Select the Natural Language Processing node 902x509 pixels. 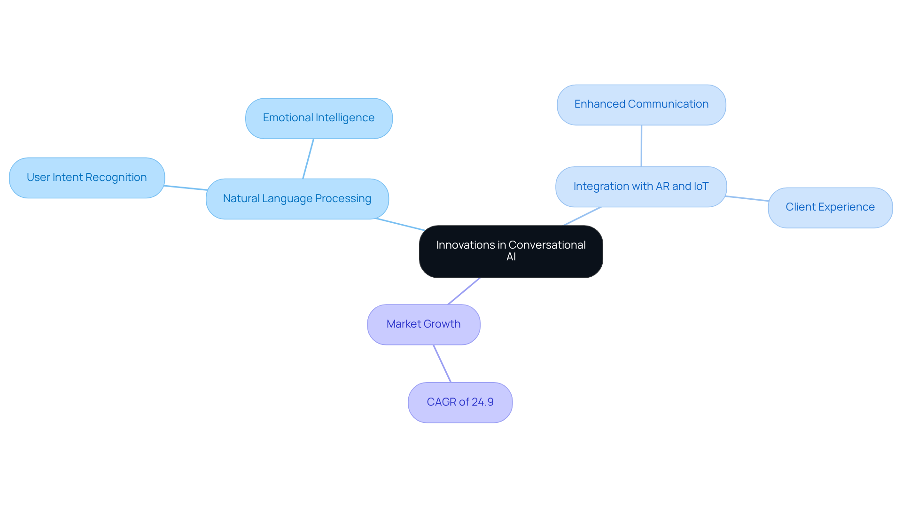click(x=297, y=199)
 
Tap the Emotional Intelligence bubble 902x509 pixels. click(x=319, y=118)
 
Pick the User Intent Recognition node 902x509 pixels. click(x=87, y=178)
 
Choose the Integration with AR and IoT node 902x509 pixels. click(x=641, y=187)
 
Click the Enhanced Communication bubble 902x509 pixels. click(x=641, y=104)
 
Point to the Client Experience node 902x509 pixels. click(x=830, y=207)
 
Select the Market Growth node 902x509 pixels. click(x=423, y=324)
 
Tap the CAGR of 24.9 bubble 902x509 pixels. click(x=460, y=402)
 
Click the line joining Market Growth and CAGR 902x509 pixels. click(x=442, y=363)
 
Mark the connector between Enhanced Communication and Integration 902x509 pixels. click(x=641, y=146)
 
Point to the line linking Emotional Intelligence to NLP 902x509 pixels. click(x=308, y=159)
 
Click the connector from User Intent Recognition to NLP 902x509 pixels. click(x=186, y=188)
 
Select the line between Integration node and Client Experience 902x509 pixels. click(x=747, y=199)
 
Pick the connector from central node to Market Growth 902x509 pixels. click(x=464, y=291)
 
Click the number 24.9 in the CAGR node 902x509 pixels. click(x=482, y=402)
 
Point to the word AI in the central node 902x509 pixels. click(x=511, y=257)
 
